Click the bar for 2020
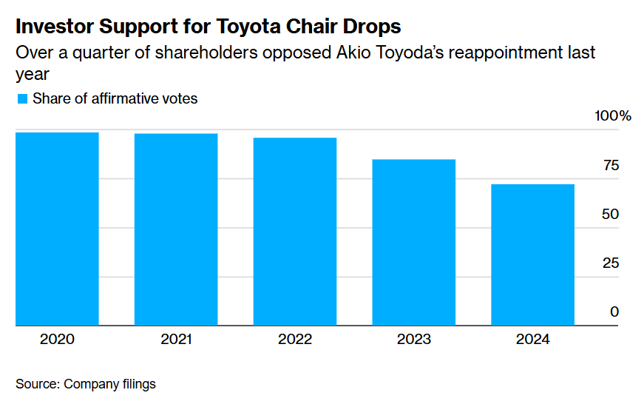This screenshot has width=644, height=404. pyautogui.click(x=57, y=229)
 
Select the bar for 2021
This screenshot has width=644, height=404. pyautogui.click(x=176, y=229)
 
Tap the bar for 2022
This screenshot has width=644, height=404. pyautogui.click(x=295, y=232)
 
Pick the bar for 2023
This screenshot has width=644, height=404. pyautogui.click(x=414, y=242)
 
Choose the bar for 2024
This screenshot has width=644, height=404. pyautogui.click(x=533, y=255)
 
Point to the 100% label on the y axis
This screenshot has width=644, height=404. pyautogui.click(x=613, y=116)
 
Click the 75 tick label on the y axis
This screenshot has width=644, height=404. pyautogui.click(x=611, y=165)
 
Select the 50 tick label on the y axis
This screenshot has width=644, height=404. pyautogui.click(x=611, y=214)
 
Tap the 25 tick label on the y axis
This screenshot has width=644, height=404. pyautogui.click(x=611, y=263)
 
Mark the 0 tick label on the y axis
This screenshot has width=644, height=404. pyautogui.click(x=614, y=312)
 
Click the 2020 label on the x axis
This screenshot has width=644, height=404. pyautogui.click(x=57, y=340)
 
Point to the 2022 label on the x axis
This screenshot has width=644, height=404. pyautogui.click(x=295, y=340)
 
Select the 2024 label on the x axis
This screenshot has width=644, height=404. pyautogui.click(x=533, y=340)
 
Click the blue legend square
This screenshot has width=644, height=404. pyautogui.click(x=21, y=98)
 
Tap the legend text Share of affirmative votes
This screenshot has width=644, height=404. pyautogui.click(x=115, y=98)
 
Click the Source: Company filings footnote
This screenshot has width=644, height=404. pyautogui.click(x=86, y=384)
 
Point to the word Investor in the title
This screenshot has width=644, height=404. pyautogui.click(x=56, y=27)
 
